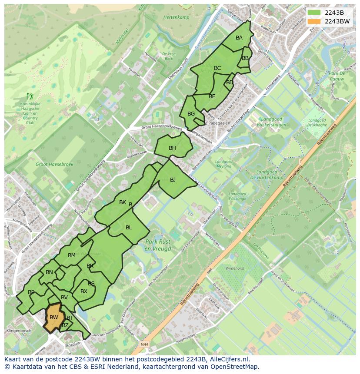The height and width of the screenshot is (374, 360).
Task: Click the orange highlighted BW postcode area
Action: [54, 317]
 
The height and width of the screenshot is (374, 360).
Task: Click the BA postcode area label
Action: [239, 38]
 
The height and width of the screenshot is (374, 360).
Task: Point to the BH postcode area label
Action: [172, 148]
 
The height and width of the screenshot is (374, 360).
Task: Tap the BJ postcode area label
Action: [173, 180]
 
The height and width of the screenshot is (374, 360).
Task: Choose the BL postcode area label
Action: [129, 228]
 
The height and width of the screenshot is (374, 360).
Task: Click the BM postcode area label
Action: [72, 255]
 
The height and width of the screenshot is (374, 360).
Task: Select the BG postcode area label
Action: [191, 114]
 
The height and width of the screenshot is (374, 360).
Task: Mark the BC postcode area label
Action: [217, 68]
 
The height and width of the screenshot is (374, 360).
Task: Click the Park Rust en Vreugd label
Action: [158, 245]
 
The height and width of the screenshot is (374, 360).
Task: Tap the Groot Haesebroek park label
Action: [54, 165]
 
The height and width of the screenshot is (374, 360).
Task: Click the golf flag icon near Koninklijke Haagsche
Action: [30, 96]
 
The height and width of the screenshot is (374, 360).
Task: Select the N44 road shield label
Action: [145, 344]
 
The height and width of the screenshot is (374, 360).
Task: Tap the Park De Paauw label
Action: [337, 76]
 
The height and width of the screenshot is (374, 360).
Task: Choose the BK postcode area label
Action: [123, 202]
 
